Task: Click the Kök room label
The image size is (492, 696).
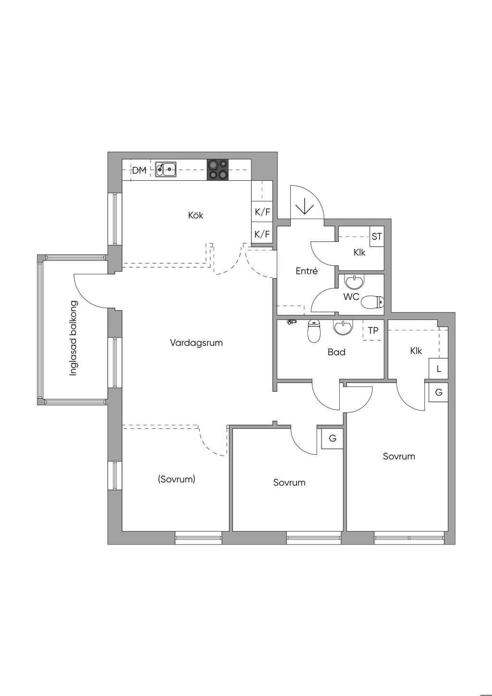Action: (196, 215)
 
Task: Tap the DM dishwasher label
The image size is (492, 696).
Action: (139, 170)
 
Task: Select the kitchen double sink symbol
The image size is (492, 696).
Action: (166, 169)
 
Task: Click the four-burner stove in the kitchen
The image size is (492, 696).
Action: (218, 170)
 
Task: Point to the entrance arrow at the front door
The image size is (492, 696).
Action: (305, 206)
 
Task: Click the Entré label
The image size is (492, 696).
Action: (307, 271)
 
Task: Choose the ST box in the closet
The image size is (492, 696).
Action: (377, 236)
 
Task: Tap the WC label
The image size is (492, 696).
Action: (351, 297)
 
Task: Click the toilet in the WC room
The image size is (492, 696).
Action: (373, 302)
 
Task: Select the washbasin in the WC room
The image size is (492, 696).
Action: (354, 282)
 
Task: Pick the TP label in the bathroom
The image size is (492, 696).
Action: (373, 330)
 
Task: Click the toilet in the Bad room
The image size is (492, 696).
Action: (314, 331)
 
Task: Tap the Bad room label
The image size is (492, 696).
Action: (336, 352)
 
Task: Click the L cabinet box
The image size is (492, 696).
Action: (439, 369)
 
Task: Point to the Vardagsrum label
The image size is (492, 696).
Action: (197, 343)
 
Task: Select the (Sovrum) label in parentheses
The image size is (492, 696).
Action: (176, 479)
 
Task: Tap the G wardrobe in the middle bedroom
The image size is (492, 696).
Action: (332, 438)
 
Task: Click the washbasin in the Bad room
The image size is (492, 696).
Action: (343, 328)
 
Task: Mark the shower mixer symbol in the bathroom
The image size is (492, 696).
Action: (291, 322)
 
